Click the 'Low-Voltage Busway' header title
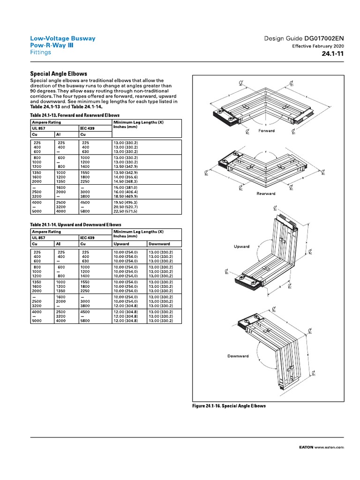[x=63, y=38]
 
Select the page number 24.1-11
[x=333, y=54]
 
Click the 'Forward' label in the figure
[x=266, y=131]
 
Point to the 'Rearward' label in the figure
[x=266, y=194]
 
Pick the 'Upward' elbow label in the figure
[x=241, y=247]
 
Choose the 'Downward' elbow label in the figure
[x=238, y=356]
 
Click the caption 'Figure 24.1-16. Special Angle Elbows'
[x=229, y=406]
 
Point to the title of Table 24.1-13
[x=75, y=115]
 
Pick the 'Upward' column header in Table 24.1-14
[x=121, y=244]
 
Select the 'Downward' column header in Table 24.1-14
[x=159, y=244]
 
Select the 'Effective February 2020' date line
[x=318, y=46]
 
